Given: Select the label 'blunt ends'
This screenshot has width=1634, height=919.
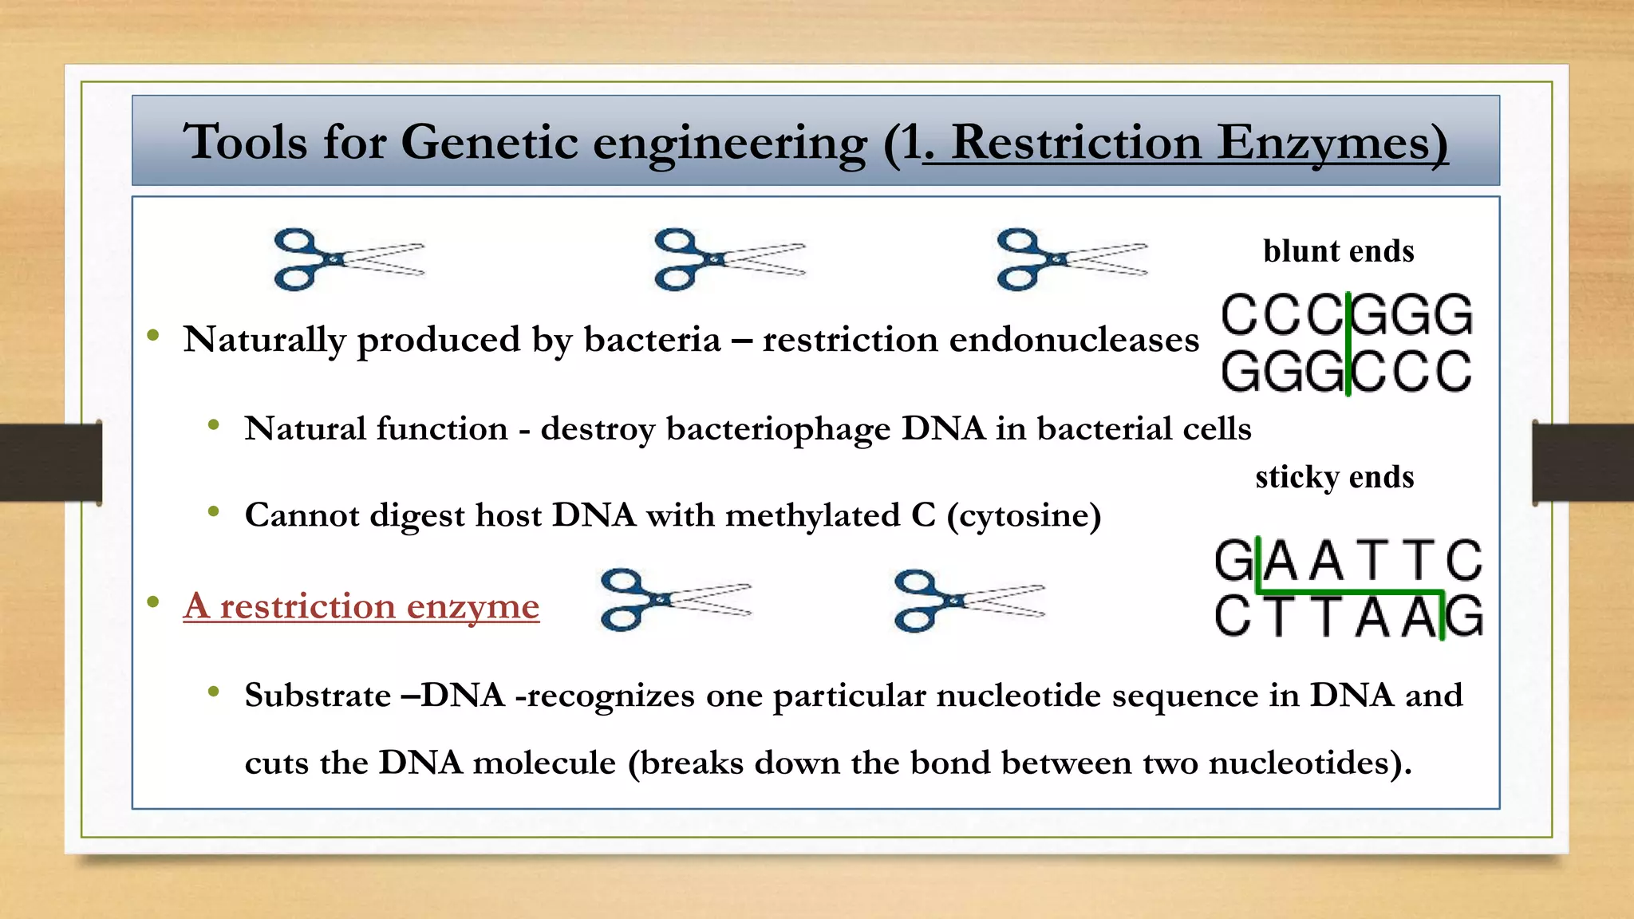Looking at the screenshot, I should [x=1338, y=251].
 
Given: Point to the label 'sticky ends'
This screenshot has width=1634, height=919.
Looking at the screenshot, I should [x=1334, y=477].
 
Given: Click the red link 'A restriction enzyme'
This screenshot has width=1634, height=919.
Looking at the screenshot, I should [x=361, y=606].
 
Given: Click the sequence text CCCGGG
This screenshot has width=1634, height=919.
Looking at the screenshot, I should [x=1346, y=315].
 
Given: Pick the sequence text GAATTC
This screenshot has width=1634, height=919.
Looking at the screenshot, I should [x=1348, y=561].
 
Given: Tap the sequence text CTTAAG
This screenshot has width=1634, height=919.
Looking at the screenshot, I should [x=1348, y=617].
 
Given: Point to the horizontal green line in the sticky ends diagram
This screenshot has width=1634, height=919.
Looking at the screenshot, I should [x=1348, y=592].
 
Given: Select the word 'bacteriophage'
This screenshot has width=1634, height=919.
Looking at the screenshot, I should [x=777, y=429].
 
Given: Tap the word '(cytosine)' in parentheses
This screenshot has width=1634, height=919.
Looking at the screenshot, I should [x=1024, y=515].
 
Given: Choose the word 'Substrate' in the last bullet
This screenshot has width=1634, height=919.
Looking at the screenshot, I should [x=318, y=696].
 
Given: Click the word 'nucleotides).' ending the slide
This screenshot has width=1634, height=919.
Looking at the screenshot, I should [x=1309, y=763].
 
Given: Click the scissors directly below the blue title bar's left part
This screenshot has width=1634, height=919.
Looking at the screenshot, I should [x=348, y=259].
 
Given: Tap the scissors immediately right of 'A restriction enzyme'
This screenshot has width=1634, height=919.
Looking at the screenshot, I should [x=675, y=600].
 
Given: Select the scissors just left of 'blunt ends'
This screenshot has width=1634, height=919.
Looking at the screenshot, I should [x=1072, y=259].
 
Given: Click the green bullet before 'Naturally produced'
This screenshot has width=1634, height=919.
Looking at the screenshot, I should [x=153, y=336].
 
